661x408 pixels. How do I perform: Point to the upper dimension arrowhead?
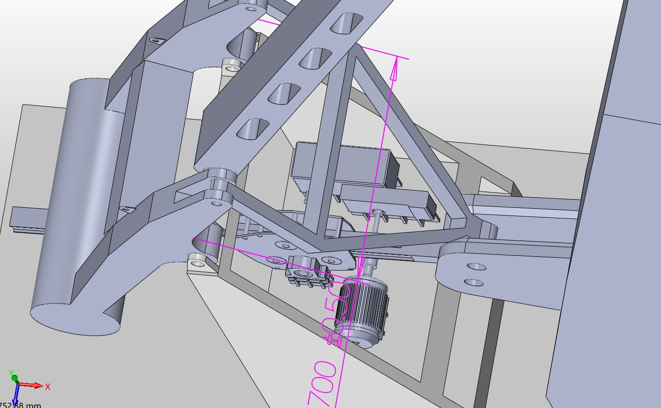click(x=395, y=70)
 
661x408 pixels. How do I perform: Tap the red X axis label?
click(x=48, y=386)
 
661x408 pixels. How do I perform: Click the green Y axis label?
click(x=11, y=372)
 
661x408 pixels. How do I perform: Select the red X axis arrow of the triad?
click(x=31, y=385)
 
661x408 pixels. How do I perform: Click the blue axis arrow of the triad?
click(x=15, y=396)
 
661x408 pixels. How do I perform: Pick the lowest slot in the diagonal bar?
click(x=252, y=128)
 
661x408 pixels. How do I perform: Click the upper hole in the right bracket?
click(x=476, y=266)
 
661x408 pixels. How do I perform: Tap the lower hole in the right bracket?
click(x=473, y=282)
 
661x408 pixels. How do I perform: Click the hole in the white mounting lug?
click(x=197, y=263)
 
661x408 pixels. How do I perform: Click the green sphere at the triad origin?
click(x=14, y=378)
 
